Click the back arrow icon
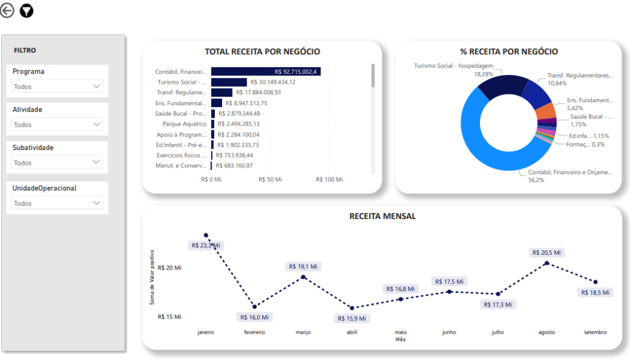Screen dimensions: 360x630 [x=7, y=10]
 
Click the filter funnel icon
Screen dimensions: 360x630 [x=27, y=10]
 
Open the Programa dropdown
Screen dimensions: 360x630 [x=57, y=87]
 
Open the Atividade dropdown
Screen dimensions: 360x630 [x=57, y=124]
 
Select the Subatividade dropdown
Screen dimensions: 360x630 [x=57, y=162]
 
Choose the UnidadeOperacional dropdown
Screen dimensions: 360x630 [x=57, y=203]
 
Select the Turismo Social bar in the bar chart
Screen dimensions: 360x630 [x=229, y=82]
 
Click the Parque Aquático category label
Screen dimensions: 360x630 [x=185, y=124]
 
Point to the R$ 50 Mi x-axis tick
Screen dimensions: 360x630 [x=269, y=180]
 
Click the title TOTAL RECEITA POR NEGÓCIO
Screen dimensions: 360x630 [x=262, y=52]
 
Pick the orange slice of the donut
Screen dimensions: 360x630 [x=545, y=111]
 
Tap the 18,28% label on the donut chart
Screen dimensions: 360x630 [x=483, y=74]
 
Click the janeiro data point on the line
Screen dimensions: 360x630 [x=206, y=235]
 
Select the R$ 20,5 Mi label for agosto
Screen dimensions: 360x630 [x=547, y=252]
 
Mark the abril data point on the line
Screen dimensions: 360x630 [x=352, y=308]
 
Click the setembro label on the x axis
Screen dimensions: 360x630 [x=595, y=332]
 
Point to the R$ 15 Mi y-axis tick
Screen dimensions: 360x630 [x=169, y=317]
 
